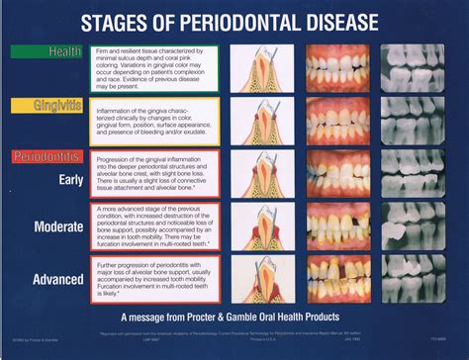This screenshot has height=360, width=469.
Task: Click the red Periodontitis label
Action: [x=47, y=156]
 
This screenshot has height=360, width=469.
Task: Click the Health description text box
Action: [x=153, y=69]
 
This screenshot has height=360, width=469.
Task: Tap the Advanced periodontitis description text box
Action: [x=153, y=280]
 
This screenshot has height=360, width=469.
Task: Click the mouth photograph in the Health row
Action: [x=339, y=69]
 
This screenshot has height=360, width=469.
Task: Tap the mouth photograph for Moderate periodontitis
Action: [x=339, y=226]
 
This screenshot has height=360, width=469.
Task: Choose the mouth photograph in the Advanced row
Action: [x=339, y=279]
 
